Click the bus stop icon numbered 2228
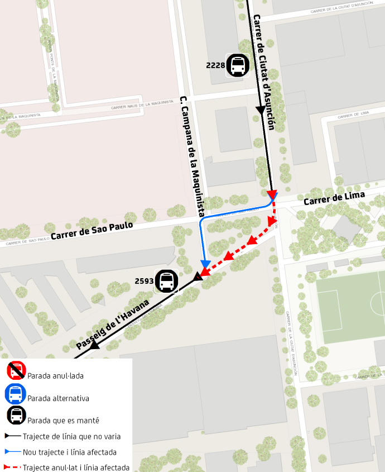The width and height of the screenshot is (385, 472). click(x=238, y=65)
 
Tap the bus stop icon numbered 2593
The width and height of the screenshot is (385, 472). click(x=166, y=282)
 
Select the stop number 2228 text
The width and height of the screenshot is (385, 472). click(x=215, y=65)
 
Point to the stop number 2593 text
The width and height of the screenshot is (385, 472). click(x=144, y=282)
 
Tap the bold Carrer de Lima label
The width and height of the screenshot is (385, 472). click(x=334, y=198)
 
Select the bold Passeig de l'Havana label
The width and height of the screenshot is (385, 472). click(x=113, y=325)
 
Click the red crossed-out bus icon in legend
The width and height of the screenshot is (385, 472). click(x=16, y=370)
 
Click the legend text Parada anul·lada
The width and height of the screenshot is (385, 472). click(x=55, y=376)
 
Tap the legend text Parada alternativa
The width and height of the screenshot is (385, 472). click(x=58, y=398)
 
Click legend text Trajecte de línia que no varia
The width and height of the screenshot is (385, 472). click(x=71, y=436)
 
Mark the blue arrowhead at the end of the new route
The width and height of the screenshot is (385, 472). click(x=205, y=263)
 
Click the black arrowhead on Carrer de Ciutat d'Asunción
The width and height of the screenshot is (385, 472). click(x=261, y=111)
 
